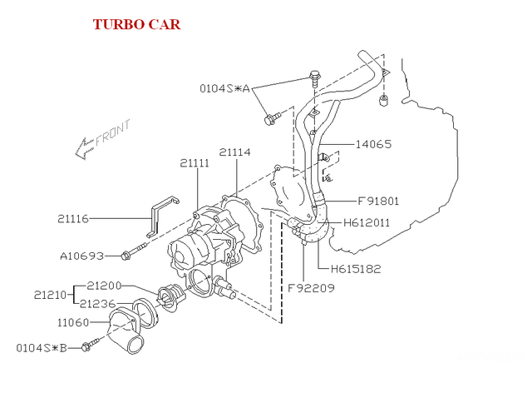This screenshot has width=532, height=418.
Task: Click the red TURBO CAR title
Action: click(136, 23)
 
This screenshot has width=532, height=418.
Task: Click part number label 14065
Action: click(373, 144)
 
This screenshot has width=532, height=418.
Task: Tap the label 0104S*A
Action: click(224, 87)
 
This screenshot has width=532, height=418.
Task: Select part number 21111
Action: click(195, 164)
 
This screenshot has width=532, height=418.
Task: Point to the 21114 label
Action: click(236, 152)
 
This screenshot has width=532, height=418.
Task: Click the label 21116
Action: click(74, 219)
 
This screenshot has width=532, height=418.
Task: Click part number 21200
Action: click(104, 286)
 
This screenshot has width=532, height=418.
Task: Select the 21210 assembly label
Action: click(51, 295)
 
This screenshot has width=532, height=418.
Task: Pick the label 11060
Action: click(74, 321)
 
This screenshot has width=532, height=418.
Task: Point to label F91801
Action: click(378, 201)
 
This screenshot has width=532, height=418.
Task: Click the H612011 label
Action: click(367, 223)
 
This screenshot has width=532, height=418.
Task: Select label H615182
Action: click(356, 269)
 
